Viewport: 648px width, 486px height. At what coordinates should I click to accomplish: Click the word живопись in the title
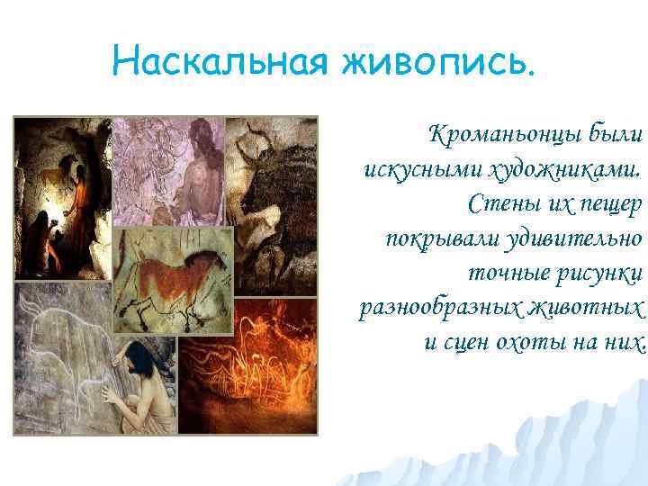coord(433,63)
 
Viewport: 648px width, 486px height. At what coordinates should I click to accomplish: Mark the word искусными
coord(410,169)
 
